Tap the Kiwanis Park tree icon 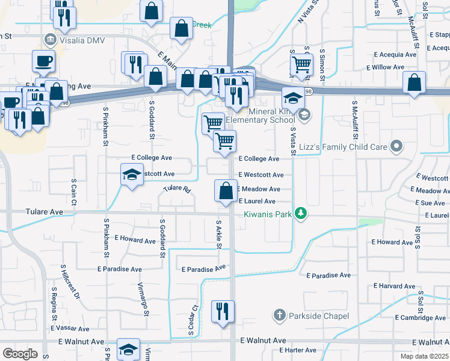[x=303, y=214]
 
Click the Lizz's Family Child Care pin [x=396, y=146]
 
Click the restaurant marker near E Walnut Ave [x=223, y=312]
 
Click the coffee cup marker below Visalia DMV [x=44, y=61]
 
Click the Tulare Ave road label [x=44, y=212]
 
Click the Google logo [x=20, y=353]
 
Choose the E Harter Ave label [x=293, y=350]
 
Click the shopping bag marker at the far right [x=415, y=84]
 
